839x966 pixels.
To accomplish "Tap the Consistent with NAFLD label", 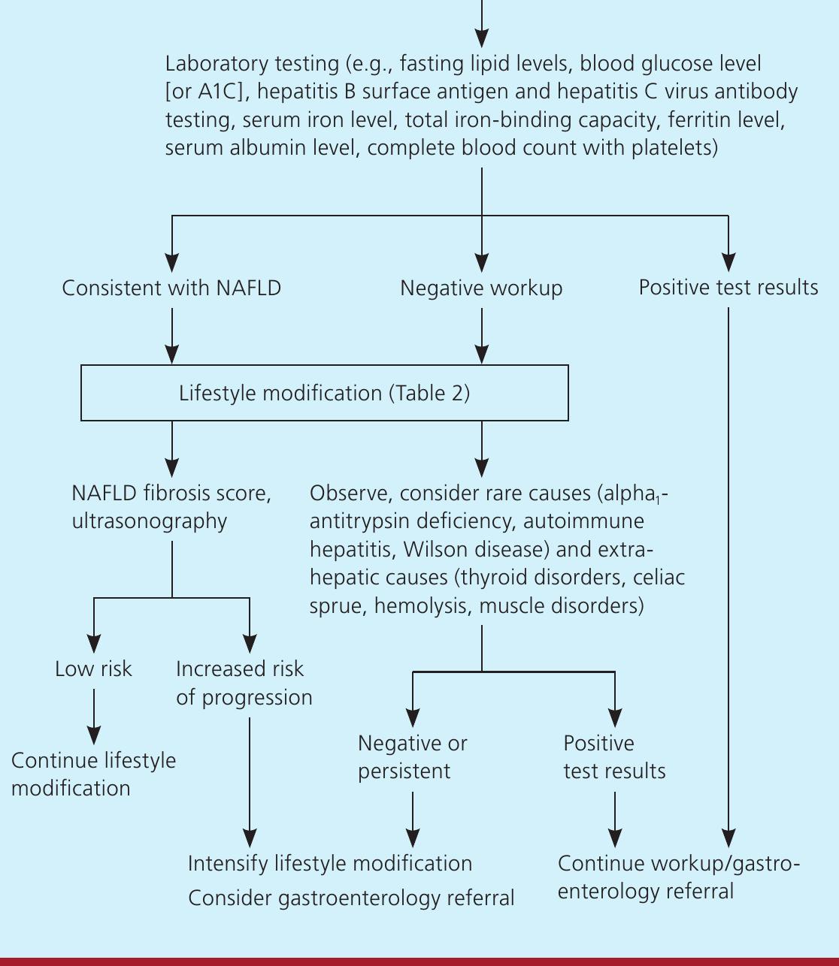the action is point(171,288).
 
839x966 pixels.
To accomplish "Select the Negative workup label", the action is point(481,288).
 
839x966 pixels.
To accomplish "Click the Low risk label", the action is point(93,669).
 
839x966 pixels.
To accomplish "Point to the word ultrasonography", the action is point(150,521).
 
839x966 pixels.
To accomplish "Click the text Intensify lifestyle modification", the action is point(330,864).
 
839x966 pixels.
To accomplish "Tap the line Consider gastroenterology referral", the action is point(351,898).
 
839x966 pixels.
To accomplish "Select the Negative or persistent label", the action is point(413,757).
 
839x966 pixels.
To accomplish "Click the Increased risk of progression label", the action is point(244,684).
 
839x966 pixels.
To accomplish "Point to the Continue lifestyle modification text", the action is point(93,774).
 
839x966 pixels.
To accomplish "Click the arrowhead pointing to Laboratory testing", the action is point(482,38).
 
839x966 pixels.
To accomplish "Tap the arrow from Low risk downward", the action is point(94,717).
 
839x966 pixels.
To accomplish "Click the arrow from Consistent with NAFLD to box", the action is point(172,337).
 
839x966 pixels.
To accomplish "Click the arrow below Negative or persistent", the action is point(413,820).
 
